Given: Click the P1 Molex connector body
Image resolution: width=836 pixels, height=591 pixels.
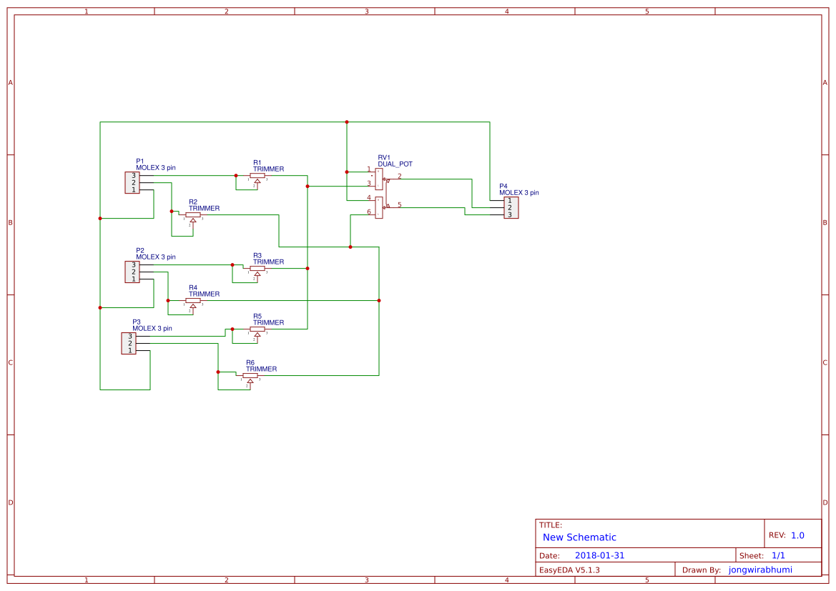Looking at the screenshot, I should click(x=132, y=182).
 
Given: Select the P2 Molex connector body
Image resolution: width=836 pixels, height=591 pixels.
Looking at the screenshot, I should click(x=132, y=272).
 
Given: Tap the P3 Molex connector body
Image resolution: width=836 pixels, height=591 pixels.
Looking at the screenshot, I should click(x=129, y=343).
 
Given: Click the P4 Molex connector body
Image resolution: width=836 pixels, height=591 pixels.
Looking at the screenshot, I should click(x=511, y=208).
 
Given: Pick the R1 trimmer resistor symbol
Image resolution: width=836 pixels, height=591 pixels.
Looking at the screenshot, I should click(x=257, y=176).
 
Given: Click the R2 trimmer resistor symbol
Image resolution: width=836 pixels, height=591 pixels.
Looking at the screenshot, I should click(x=193, y=215).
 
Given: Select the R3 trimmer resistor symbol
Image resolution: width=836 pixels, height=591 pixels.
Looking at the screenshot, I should click(x=257, y=269).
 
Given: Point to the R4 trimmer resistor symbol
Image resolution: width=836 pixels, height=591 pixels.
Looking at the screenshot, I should click(x=193, y=301).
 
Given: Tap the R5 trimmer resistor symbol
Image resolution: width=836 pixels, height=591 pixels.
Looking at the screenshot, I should click(x=257, y=329).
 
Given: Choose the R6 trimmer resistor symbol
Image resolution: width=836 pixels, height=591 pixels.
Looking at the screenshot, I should click(x=250, y=376).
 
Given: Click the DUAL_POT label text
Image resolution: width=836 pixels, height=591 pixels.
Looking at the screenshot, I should click(x=395, y=164).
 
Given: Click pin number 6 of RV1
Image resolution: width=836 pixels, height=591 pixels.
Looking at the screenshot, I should click(x=369, y=212).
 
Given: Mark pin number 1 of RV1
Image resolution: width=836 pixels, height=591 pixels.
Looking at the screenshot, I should click(x=369, y=169).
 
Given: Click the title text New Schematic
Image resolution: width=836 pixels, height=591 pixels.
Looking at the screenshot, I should click(x=579, y=537).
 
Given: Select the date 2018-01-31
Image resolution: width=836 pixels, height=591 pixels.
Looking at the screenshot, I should click(x=599, y=555).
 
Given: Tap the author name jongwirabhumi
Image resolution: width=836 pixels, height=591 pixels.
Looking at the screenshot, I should click(x=761, y=570).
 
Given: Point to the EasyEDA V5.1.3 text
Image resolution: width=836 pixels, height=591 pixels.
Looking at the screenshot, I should click(x=569, y=570).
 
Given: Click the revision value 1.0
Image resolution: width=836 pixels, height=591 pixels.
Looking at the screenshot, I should click(x=797, y=535).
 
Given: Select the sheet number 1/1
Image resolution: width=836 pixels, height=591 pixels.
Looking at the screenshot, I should click(x=778, y=555).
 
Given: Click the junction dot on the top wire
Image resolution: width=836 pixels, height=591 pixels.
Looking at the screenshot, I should click(x=347, y=122).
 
